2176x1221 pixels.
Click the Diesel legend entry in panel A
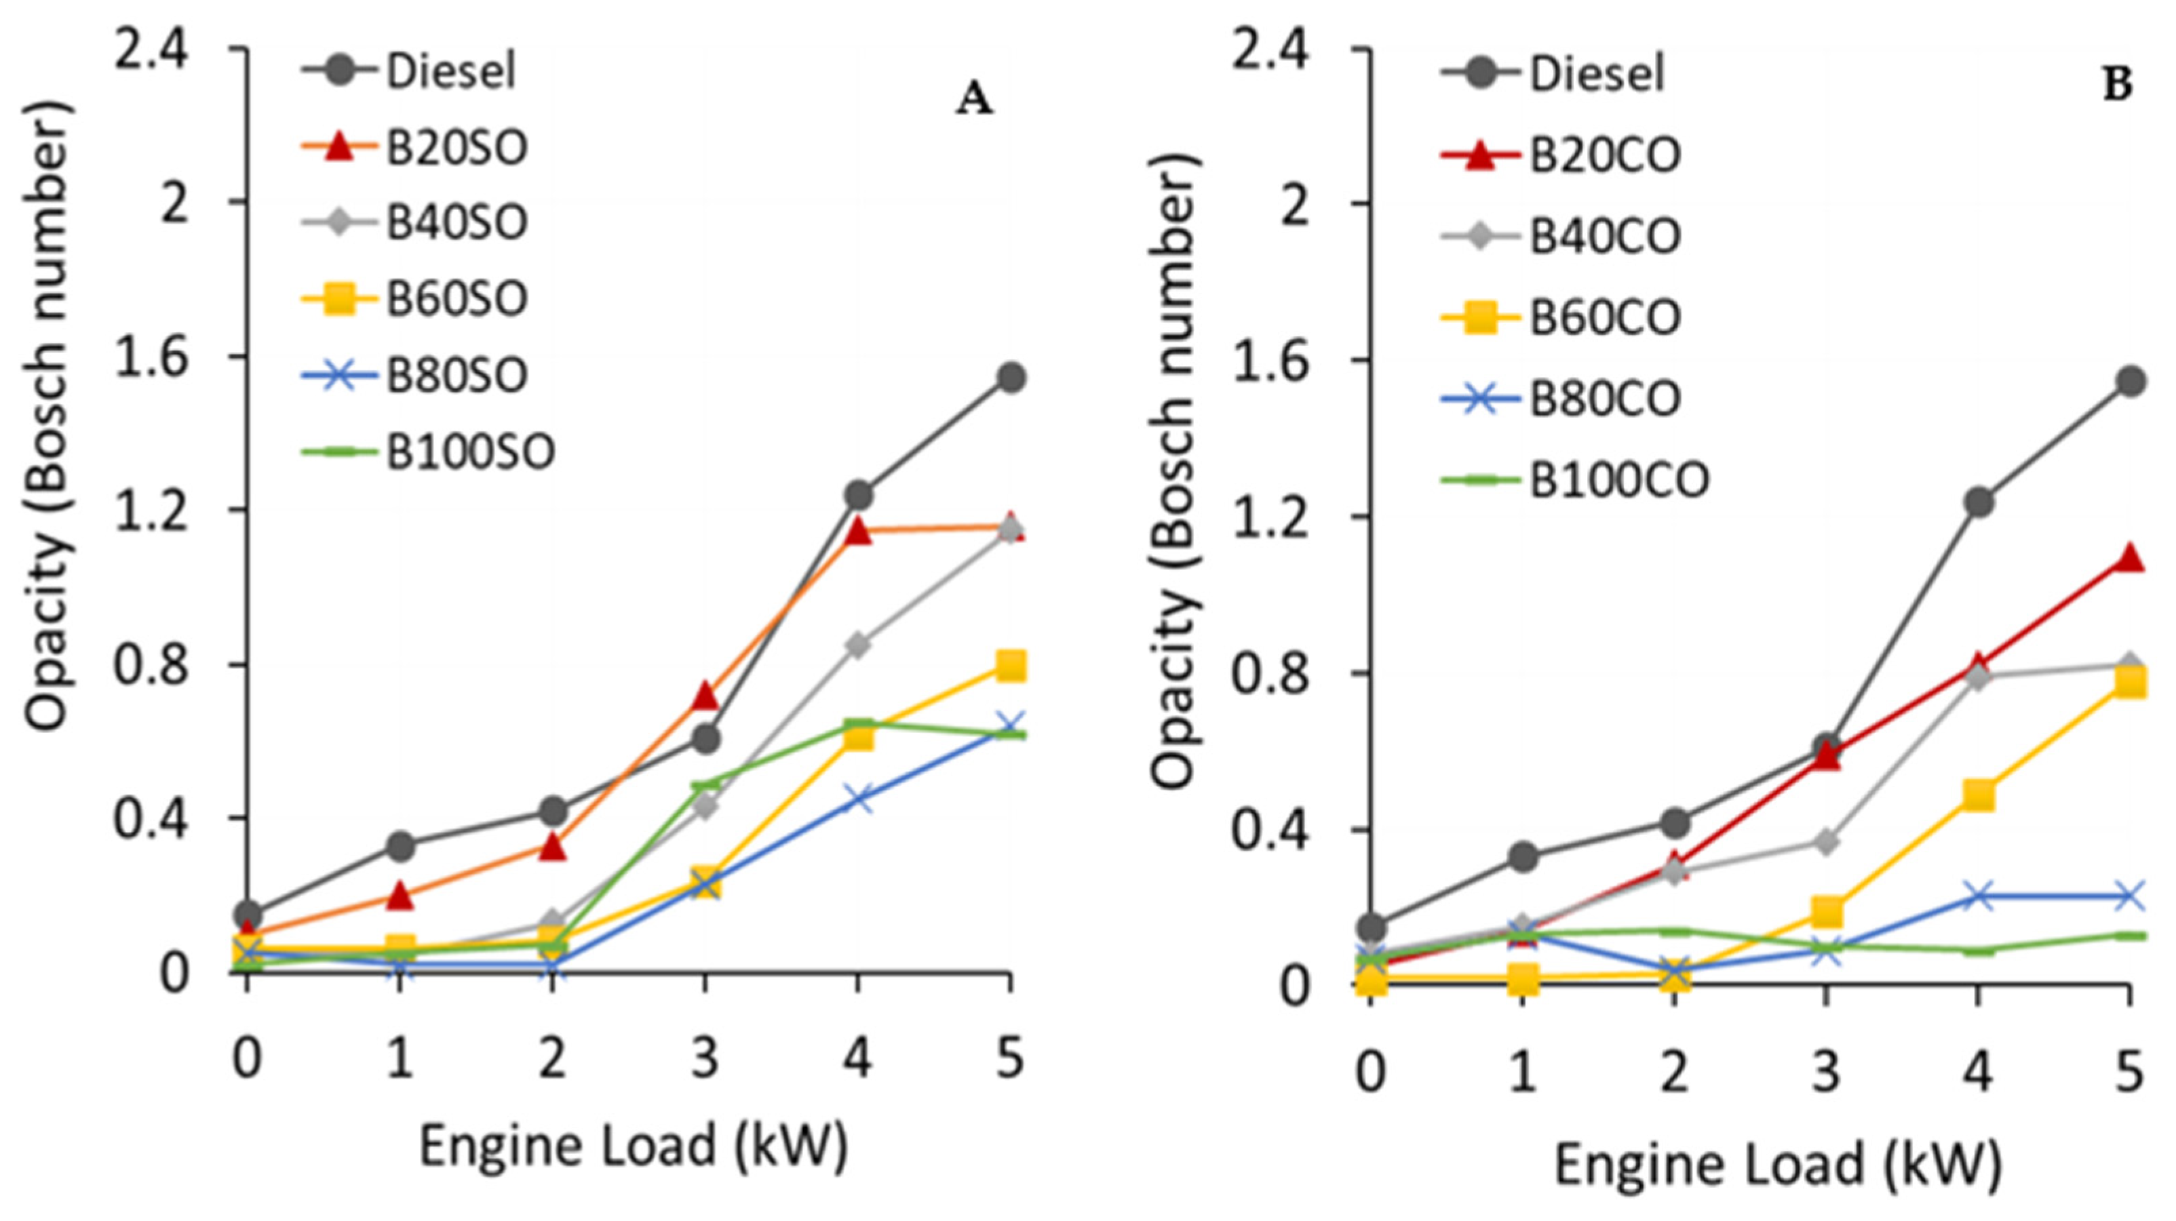[450, 71]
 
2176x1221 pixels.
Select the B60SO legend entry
[456, 299]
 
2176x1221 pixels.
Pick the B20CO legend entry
[1605, 156]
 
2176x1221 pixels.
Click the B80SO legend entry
[456, 375]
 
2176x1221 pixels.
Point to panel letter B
[2117, 86]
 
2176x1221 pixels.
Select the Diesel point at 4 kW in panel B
[1979, 502]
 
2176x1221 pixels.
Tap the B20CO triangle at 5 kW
[2130, 558]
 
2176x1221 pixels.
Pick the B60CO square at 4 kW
[1979, 795]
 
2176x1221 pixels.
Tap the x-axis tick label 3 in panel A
[705, 1058]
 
